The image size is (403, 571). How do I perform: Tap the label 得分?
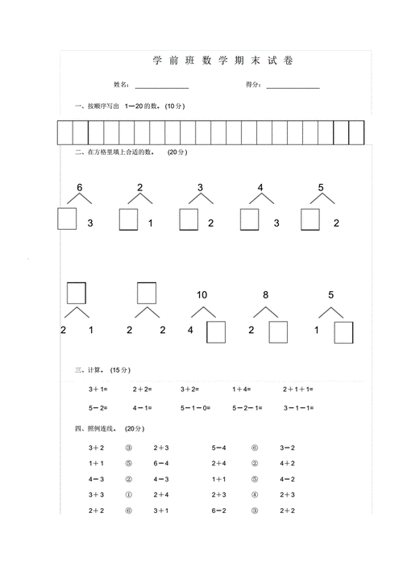(x=251, y=85)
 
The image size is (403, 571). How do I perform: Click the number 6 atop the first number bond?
(x=79, y=188)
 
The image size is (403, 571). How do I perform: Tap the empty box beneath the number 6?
(x=67, y=219)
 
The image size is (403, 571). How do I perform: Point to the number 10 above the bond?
(x=201, y=294)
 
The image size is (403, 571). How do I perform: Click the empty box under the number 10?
(x=216, y=332)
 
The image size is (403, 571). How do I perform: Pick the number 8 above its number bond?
(x=265, y=294)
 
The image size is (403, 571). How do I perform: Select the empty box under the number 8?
(x=278, y=332)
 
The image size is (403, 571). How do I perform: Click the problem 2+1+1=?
(x=298, y=389)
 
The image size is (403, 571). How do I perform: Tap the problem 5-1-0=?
(x=194, y=407)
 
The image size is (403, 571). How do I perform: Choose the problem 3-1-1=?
(x=298, y=407)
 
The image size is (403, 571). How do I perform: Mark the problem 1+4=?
(x=243, y=389)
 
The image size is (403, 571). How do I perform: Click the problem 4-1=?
(x=143, y=407)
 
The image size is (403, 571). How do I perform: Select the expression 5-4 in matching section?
(x=219, y=447)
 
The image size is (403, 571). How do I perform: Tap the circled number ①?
(x=127, y=494)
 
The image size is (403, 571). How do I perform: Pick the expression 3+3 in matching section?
(x=96, y=494)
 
